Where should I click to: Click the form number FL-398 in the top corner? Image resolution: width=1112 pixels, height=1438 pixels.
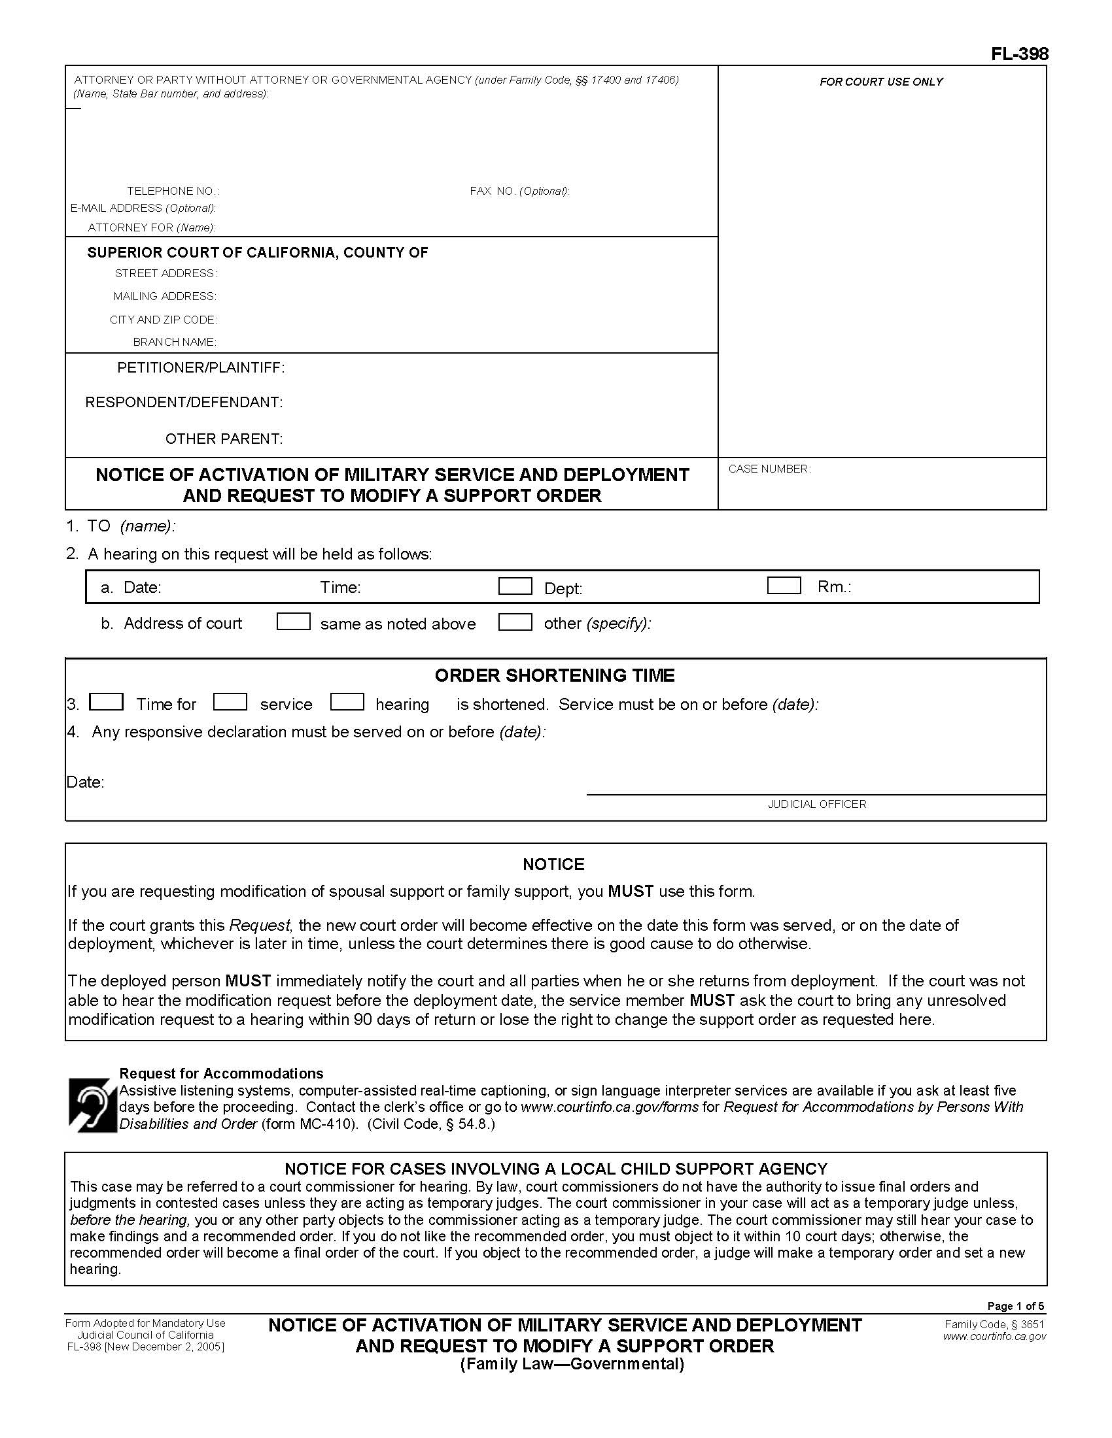1019,54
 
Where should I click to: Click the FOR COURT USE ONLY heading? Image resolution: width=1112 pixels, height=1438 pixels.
881,82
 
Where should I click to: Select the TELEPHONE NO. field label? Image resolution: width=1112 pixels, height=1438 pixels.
173,191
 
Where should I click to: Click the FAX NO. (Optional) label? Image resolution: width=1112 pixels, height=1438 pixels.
519,191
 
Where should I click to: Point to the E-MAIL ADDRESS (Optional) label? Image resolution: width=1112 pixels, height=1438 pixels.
143,208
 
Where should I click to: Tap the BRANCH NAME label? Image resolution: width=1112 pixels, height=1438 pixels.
175,342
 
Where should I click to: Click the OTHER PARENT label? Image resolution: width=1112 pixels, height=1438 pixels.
223,439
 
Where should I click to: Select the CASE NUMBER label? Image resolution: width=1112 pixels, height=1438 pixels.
769,469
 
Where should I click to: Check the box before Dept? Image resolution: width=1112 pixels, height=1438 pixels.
515,586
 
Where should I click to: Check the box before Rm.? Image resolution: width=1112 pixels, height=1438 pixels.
784,586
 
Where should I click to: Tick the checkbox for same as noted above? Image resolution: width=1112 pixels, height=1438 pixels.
293,622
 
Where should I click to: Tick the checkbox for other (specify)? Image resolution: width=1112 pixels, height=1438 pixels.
515,622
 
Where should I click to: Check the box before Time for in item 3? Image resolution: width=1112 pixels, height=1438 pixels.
106,702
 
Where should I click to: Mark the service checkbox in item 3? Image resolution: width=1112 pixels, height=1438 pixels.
230,702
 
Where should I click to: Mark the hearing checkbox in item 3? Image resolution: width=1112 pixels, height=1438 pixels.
347,702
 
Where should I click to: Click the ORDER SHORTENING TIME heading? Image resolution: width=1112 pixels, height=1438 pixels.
554,676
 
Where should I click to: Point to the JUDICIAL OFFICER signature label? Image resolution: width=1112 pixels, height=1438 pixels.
817,804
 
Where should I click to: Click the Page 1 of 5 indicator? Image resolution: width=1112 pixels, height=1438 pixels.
1015,1307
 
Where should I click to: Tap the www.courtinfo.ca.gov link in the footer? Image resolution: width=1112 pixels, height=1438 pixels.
994,1337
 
